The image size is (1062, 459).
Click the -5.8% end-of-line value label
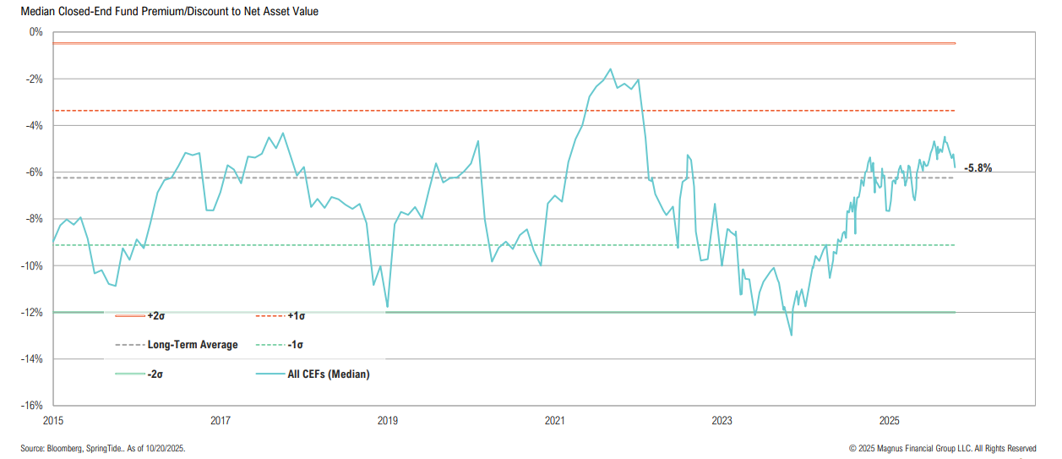[978, 168]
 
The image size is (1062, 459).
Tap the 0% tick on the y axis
[35, 32]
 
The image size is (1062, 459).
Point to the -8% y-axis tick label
[35, 219]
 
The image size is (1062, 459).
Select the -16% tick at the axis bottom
[33, 406]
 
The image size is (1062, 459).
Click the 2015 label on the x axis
[53, 420]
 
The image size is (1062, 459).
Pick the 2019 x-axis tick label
[388, 420]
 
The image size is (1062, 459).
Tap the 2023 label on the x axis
[722, 420]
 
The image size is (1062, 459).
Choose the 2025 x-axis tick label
[890, 420]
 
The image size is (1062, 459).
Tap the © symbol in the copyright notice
[852, 449]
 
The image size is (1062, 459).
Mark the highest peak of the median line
[610, 69]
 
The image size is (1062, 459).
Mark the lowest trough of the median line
[792, 335]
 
